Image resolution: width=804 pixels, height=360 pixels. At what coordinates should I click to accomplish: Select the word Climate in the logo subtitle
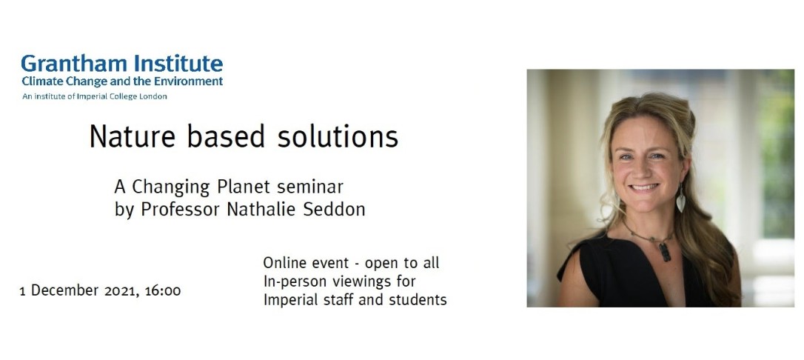(42, 81)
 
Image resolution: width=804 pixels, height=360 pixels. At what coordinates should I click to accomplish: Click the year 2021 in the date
(110, 291)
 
